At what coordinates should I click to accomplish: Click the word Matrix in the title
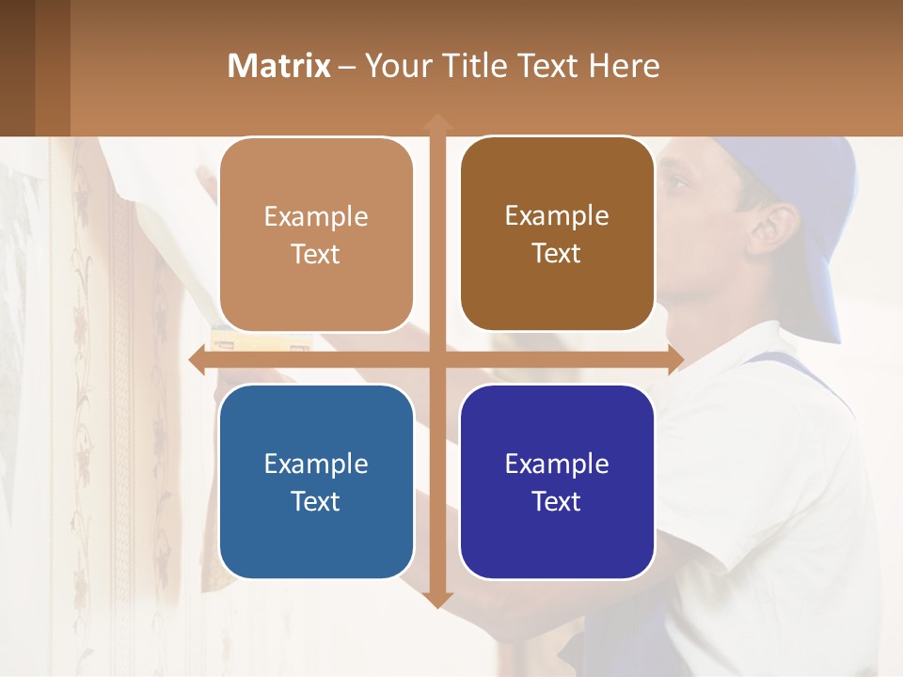point(279,66)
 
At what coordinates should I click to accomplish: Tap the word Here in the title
point(624,66)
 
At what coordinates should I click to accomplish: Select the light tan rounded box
point(316,234)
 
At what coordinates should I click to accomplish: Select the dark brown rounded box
point(557,234)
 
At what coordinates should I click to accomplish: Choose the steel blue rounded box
point(316,481)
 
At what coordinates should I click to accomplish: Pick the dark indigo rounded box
point(557,481)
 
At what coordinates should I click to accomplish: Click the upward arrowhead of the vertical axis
point(436,122)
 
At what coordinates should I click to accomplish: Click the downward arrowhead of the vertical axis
point(436,600)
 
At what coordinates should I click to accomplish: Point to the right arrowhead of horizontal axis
point(675,360)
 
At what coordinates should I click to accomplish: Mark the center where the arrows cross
point(436,360)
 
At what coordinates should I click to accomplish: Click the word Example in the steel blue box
point(316,464)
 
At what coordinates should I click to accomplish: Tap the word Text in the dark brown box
point(557,254)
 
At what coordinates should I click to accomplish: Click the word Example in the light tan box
point(316,216)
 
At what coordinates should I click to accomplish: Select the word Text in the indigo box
point(557,501)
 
